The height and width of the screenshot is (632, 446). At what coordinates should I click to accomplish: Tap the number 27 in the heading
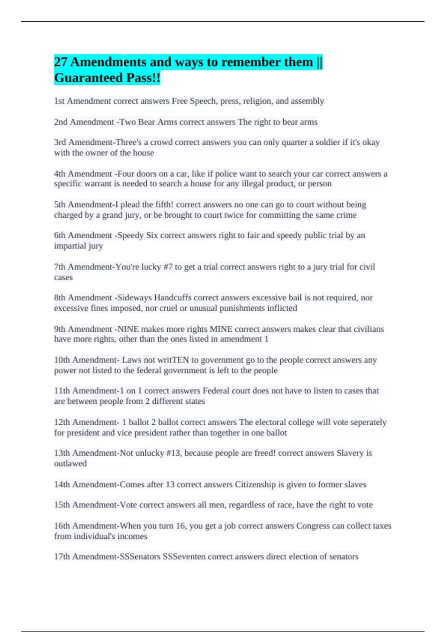tap(61, 62)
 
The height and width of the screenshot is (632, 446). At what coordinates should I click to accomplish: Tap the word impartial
tap(70, 246)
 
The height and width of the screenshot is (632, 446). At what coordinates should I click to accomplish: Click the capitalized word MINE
tap(221, 329)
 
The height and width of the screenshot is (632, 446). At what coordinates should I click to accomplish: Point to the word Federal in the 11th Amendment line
tap(216, 391)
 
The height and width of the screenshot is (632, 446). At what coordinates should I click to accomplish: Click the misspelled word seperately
tap(369, 422)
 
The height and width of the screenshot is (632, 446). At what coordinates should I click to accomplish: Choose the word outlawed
tap(70, 464)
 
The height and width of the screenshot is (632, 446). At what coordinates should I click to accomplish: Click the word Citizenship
tap(255, 484)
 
